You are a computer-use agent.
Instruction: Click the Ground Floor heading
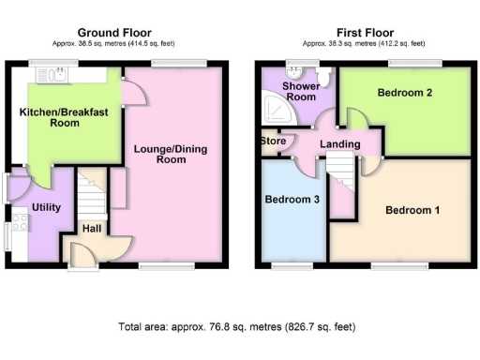114,33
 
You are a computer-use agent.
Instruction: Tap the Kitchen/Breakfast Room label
65,117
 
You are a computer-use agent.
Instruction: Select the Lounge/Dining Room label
171,154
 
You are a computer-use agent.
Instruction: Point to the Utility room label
46,205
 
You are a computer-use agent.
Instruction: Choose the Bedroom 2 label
404,93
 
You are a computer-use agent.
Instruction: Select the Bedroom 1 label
412,210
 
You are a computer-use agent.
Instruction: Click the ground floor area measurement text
114,44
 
